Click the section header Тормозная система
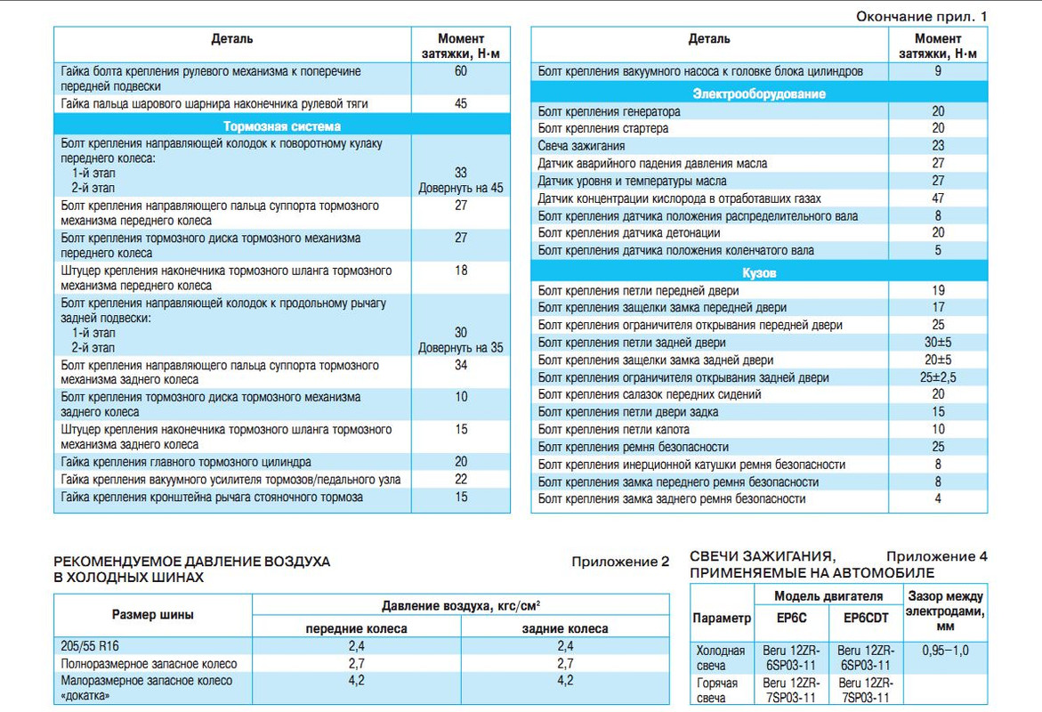(281, 126)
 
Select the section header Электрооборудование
(759, 93)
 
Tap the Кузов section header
(759, 272)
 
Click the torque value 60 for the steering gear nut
(460, 71)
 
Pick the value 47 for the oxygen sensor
(938, 198)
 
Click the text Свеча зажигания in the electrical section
(581, 146)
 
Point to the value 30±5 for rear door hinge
(938, 343)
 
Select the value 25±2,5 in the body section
(938, 377)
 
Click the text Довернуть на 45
(460, 189)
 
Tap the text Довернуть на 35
(460, 348)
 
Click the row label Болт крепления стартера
(603, 128)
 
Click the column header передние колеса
(356, 628)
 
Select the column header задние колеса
(564, 628)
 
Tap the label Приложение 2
(619, 562)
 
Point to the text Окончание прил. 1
(921, 17)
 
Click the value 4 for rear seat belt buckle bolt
(938, 499)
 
